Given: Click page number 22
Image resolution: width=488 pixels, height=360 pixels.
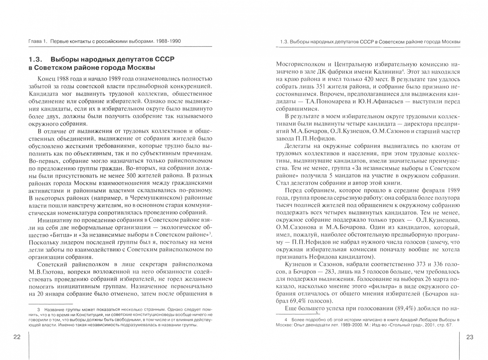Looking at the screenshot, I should point(17,337).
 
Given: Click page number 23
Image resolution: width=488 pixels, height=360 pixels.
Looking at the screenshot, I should point(469,337).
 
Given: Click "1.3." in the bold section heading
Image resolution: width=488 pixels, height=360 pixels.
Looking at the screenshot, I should point(35,59).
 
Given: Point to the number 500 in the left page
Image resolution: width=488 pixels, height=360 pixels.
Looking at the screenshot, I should point(132,176).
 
